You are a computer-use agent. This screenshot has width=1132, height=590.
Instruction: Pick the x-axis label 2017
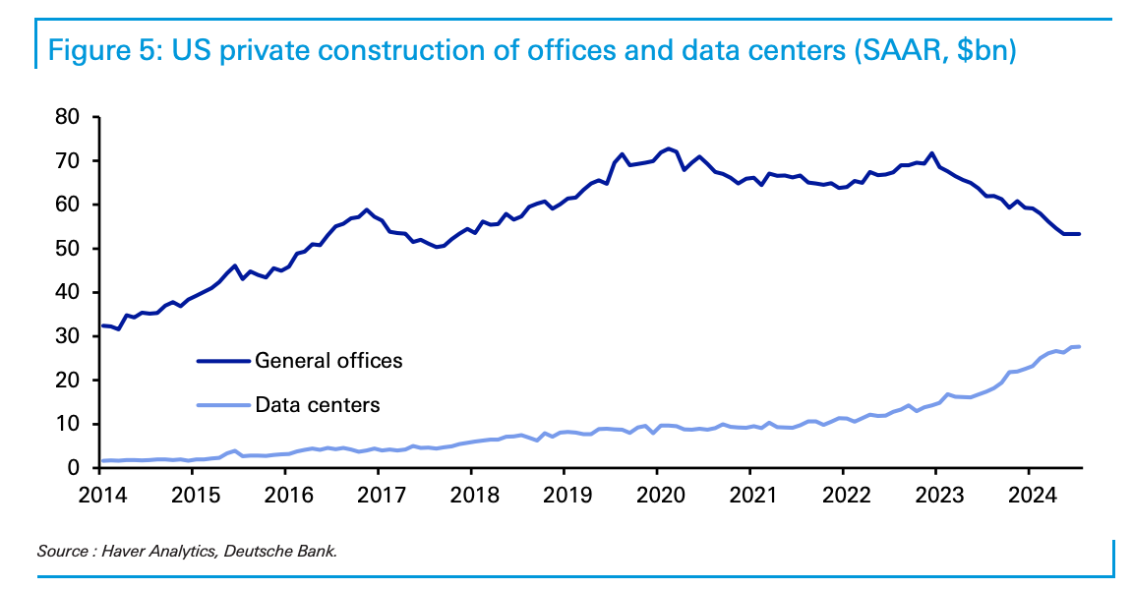378,492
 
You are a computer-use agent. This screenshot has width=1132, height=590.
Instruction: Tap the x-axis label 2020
656,492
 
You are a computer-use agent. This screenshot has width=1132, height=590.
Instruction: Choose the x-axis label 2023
935,492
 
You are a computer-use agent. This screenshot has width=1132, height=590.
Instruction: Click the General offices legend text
328,361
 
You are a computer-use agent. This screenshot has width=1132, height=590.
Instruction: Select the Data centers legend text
317,404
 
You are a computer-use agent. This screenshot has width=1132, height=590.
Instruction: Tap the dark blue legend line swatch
223,361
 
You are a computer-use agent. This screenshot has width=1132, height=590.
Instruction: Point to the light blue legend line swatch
223,404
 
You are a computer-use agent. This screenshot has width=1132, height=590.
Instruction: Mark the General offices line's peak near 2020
669,148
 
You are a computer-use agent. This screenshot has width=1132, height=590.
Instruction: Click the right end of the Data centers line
1079,346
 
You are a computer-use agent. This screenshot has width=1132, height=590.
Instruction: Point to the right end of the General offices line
1079,233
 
